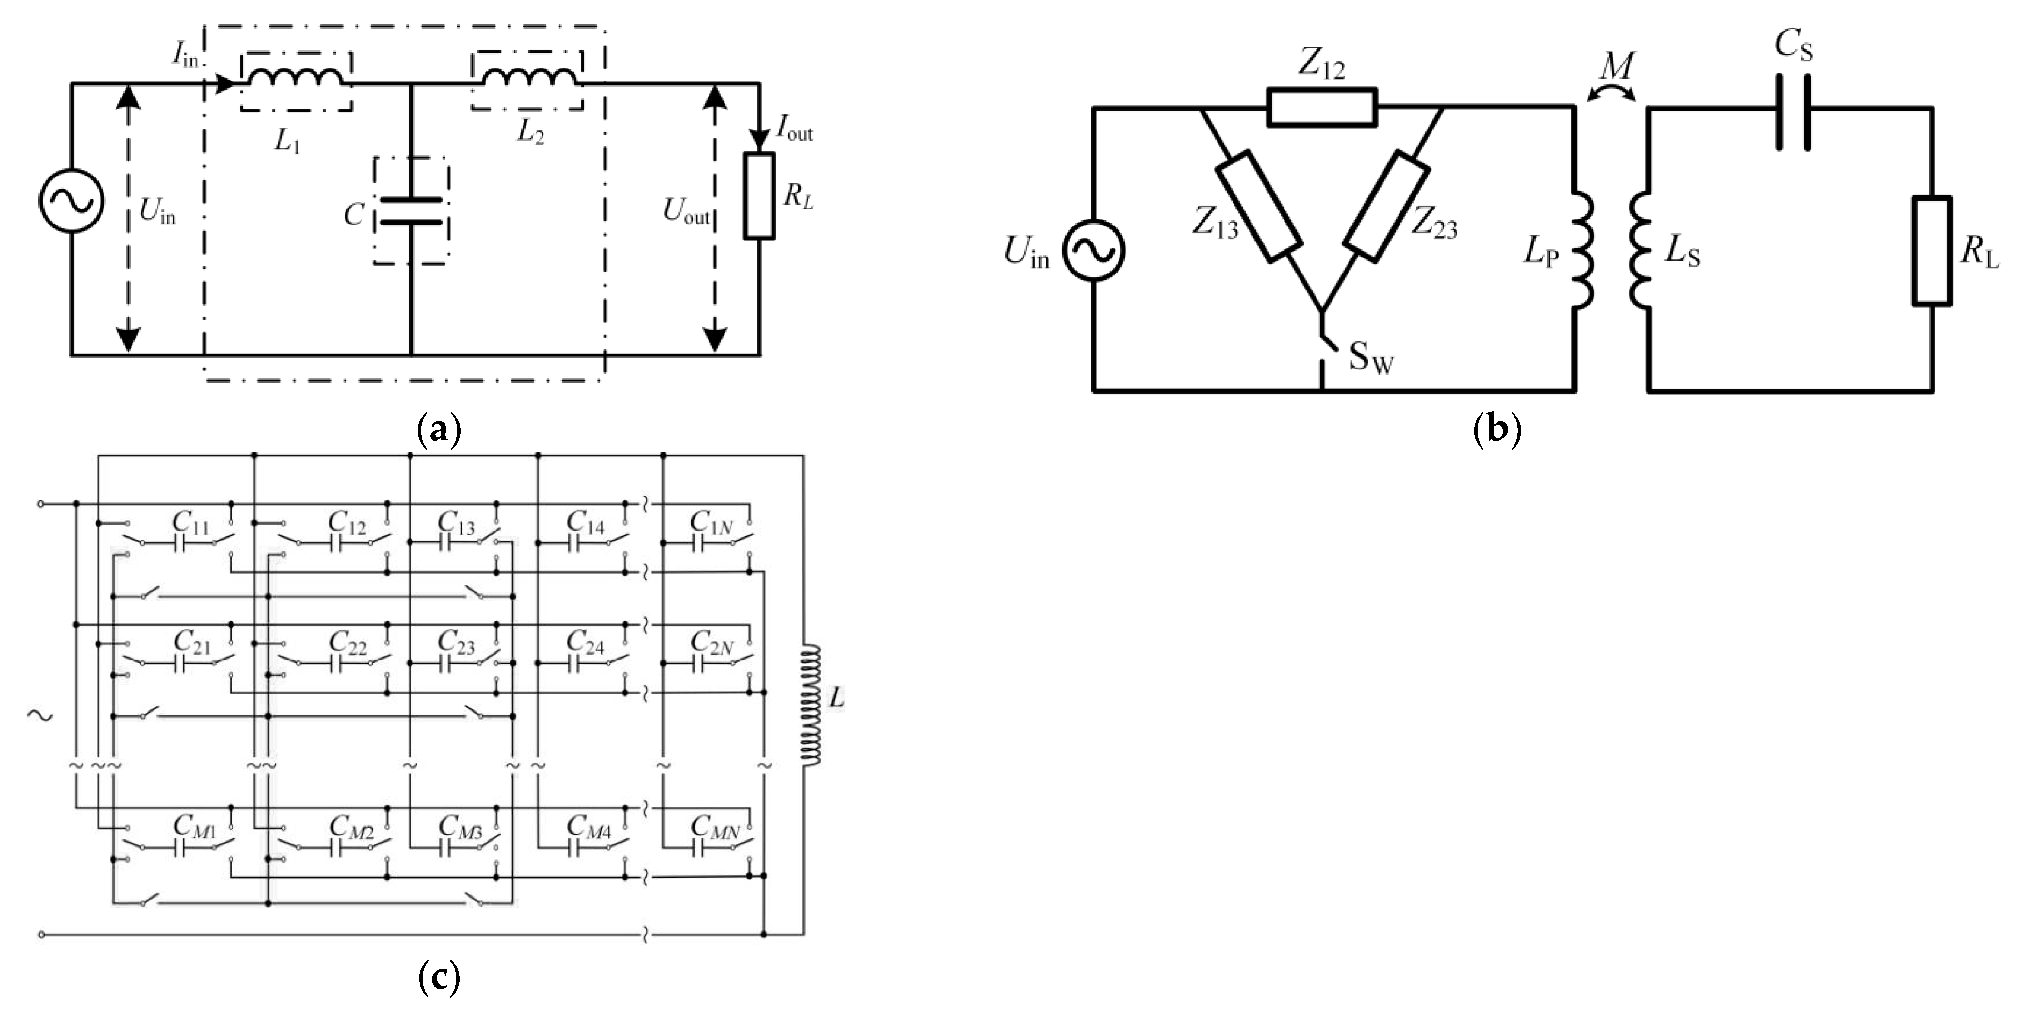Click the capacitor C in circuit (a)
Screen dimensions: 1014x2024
coord(411,212)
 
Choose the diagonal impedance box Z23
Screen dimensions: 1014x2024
coord(1385,206)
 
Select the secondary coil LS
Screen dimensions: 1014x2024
coord(1641,251)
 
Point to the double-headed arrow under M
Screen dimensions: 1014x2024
coord(1612,94)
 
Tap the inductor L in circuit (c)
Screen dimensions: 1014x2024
coord(810,705)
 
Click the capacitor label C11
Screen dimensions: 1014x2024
coord(191,521)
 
